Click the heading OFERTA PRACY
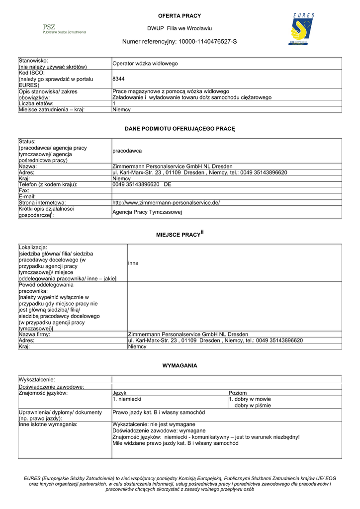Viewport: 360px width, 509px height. [x=180, y=16]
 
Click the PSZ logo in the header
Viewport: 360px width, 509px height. [x=64, y=29]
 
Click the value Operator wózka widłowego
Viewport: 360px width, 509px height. [x=145, y=64]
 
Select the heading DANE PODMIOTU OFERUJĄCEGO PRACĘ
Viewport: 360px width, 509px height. [x=180, y=129]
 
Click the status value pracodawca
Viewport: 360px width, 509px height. [x=127, y=151]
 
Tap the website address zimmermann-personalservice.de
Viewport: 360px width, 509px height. [x=166, y=203]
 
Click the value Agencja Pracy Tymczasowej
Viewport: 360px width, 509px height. [x=147, y=212]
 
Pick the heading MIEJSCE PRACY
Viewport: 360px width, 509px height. [x=178, y=234]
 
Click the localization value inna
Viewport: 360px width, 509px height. [x=133, y=263]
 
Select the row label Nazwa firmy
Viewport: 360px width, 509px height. [x=34, y=334]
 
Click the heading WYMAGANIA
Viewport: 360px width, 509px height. [x=180, y=366]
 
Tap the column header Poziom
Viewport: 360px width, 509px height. [x=237, y=393]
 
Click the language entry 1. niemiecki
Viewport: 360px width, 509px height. [x=128, y=399]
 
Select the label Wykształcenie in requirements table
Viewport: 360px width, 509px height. [x=36, y=380]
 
